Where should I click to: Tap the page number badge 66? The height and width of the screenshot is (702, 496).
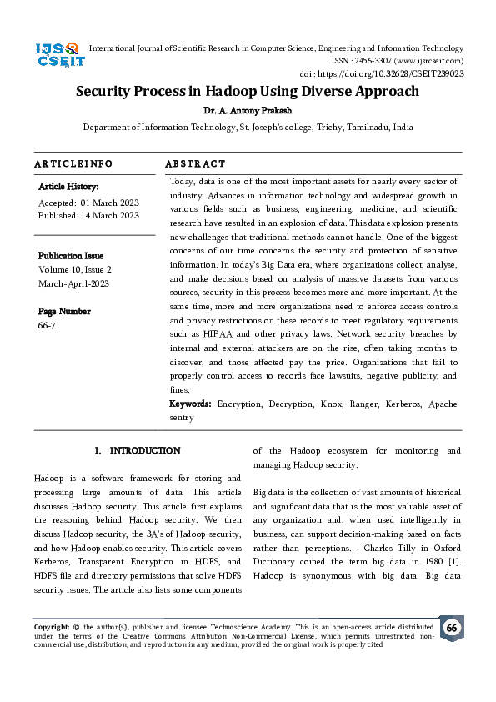tap(451, 629)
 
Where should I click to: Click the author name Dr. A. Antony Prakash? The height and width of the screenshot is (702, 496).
tap(248, 109)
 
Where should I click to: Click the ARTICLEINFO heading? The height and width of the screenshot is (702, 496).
tap(73, 164)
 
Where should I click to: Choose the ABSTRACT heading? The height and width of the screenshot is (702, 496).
tap(195, 164)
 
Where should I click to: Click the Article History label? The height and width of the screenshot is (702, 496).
tap(68, 187)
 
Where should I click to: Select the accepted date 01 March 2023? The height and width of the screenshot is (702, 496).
tap(110, 203)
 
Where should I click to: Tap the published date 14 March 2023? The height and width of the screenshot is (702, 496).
tap(110, 215)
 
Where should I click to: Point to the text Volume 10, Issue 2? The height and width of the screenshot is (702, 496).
tap(75, 269)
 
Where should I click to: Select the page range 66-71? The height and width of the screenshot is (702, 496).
tap(49, 325)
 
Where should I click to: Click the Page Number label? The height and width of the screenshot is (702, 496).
tap(64, 311)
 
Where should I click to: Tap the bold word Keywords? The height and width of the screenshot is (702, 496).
tap(190, 404)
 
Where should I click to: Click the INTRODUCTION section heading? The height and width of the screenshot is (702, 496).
tap(144, 451)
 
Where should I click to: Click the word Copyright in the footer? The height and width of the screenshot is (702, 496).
tap(51, 626)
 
